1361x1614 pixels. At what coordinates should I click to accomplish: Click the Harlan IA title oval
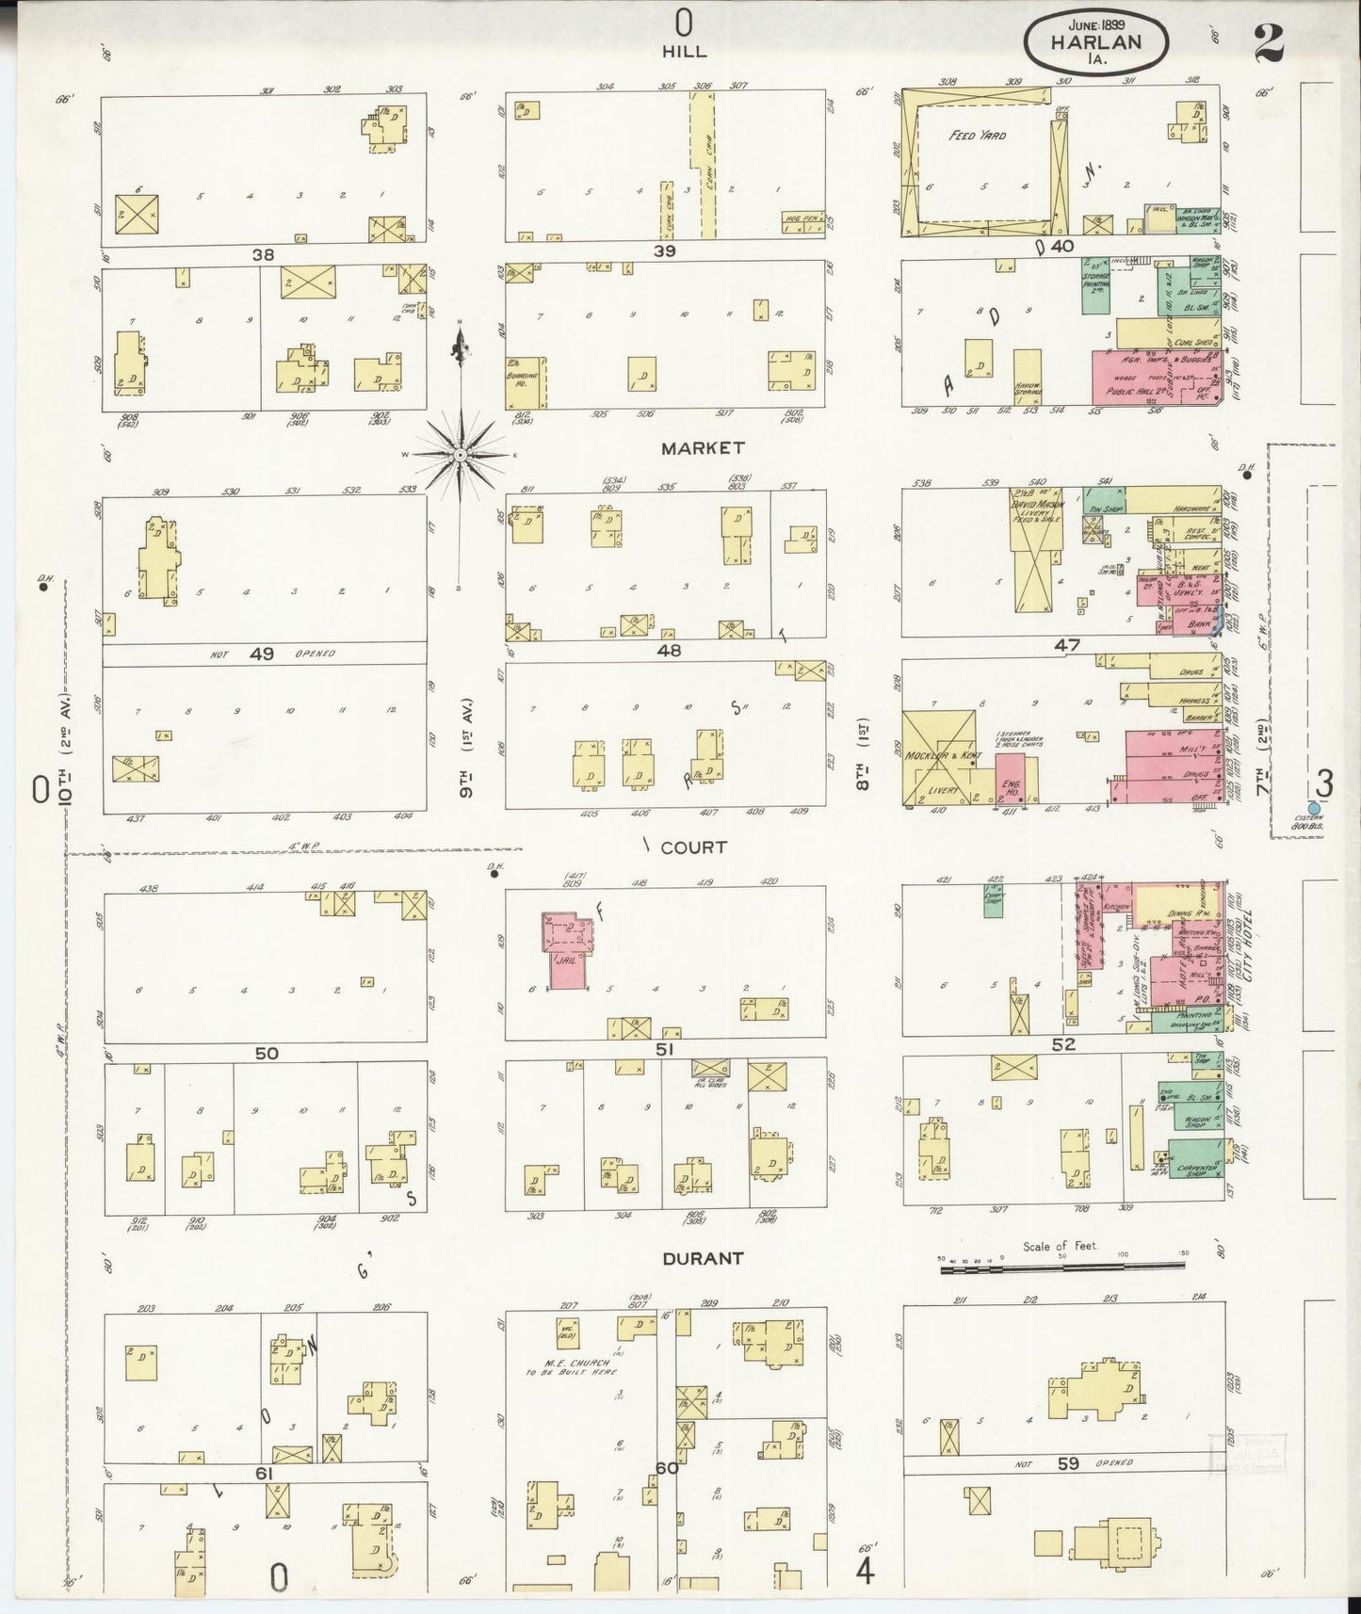[1096, 42]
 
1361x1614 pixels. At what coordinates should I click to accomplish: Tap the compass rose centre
[460, 456]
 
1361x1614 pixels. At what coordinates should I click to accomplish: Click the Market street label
[702, 448]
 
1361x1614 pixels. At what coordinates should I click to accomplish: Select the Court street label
[693, 847]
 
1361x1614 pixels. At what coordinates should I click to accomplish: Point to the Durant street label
[702, 1258]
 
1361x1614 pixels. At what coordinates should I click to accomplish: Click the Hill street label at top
[685, 52]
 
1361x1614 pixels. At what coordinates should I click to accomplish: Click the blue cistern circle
[1314, 807]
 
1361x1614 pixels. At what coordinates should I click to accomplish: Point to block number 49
[261, 653]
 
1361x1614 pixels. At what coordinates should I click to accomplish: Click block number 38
[263, 253]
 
